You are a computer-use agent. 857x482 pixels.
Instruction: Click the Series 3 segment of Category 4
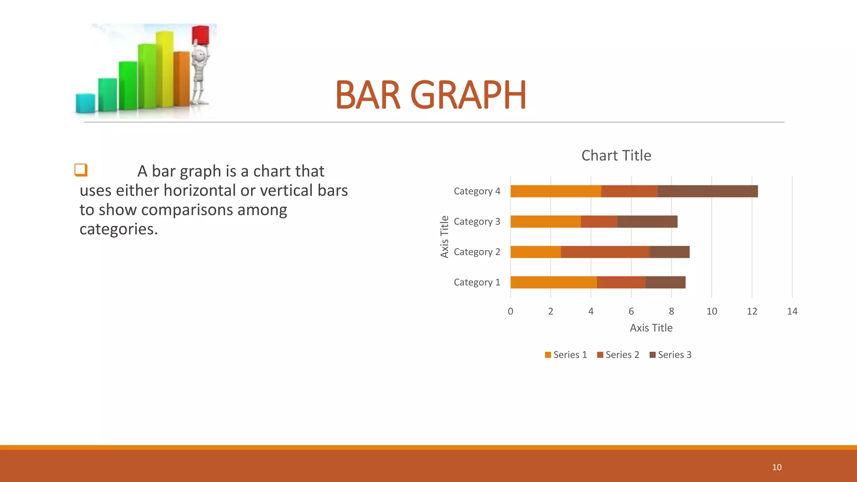coord(707,191)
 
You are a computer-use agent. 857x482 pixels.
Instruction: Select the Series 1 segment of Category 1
coord(553,282)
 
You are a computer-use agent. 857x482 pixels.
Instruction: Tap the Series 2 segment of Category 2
coord(605,252)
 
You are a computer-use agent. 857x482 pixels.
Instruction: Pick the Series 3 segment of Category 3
coord(647,222)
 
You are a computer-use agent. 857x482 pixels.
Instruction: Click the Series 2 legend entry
coord(618,355)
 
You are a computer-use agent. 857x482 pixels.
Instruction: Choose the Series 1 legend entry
coord(566,355)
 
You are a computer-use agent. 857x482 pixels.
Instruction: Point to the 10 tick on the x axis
coord(711,311)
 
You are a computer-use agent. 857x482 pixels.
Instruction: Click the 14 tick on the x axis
coord(792,311)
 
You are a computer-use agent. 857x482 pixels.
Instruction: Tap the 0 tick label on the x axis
coord(510,311)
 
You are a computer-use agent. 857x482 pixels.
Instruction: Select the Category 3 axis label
coord(477,221)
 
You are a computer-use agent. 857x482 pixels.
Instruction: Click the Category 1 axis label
coord(477,282)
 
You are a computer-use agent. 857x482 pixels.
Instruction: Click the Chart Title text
coord(616,156)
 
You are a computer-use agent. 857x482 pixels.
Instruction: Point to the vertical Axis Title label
coord(444,236)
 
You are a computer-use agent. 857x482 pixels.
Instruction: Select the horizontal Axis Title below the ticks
coord(651,328)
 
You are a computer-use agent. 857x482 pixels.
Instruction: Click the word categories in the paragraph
coord(118,229)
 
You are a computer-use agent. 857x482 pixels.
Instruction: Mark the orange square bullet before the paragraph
coord(81,170)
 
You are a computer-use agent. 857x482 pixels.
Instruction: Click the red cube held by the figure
coord(200,35)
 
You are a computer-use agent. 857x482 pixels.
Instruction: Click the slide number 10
coord(777,467)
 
